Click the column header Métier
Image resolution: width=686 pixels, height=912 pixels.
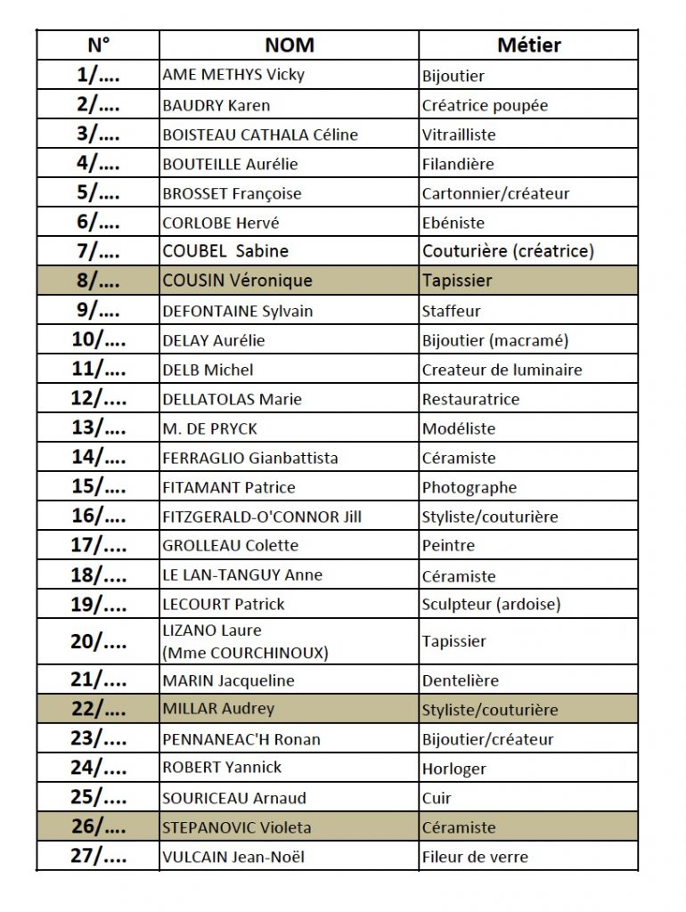(x=528, y=45)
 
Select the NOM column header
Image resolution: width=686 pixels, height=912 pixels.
(x=290, y=45)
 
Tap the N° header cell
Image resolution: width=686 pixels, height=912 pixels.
(x=98, y=45)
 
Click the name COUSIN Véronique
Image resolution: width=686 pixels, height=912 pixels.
(x=238, y=281)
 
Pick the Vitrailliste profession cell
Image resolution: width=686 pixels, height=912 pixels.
(x=459, y=134)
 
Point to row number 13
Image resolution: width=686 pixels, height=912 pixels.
(x=98, y=428)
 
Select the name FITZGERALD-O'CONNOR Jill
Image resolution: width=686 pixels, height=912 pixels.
(x=262, y=517)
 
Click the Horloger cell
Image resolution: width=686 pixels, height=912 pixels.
(x=453, y=768)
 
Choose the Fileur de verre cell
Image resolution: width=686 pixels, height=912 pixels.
(x=475, y=857)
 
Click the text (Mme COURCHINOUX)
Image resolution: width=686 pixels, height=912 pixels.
(x=245, y=653)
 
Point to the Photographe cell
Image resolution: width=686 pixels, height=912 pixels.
(x=469, y=487)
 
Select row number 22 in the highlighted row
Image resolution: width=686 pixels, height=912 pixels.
(x=98, y=709)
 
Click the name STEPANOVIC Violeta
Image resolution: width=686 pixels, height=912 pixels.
(x=237, y=827)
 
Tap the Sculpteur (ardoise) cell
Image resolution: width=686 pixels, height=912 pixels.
(x=491, y=604)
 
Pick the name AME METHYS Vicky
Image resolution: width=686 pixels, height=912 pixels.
(x=233, y=75)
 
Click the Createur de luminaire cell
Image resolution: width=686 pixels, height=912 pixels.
(x=502, y=370)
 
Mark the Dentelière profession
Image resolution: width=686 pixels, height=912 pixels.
(x=460, y=680)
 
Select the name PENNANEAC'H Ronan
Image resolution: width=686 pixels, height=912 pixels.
(x=241, y=739)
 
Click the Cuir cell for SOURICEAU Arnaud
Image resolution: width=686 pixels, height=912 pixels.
(x=437, y=798)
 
